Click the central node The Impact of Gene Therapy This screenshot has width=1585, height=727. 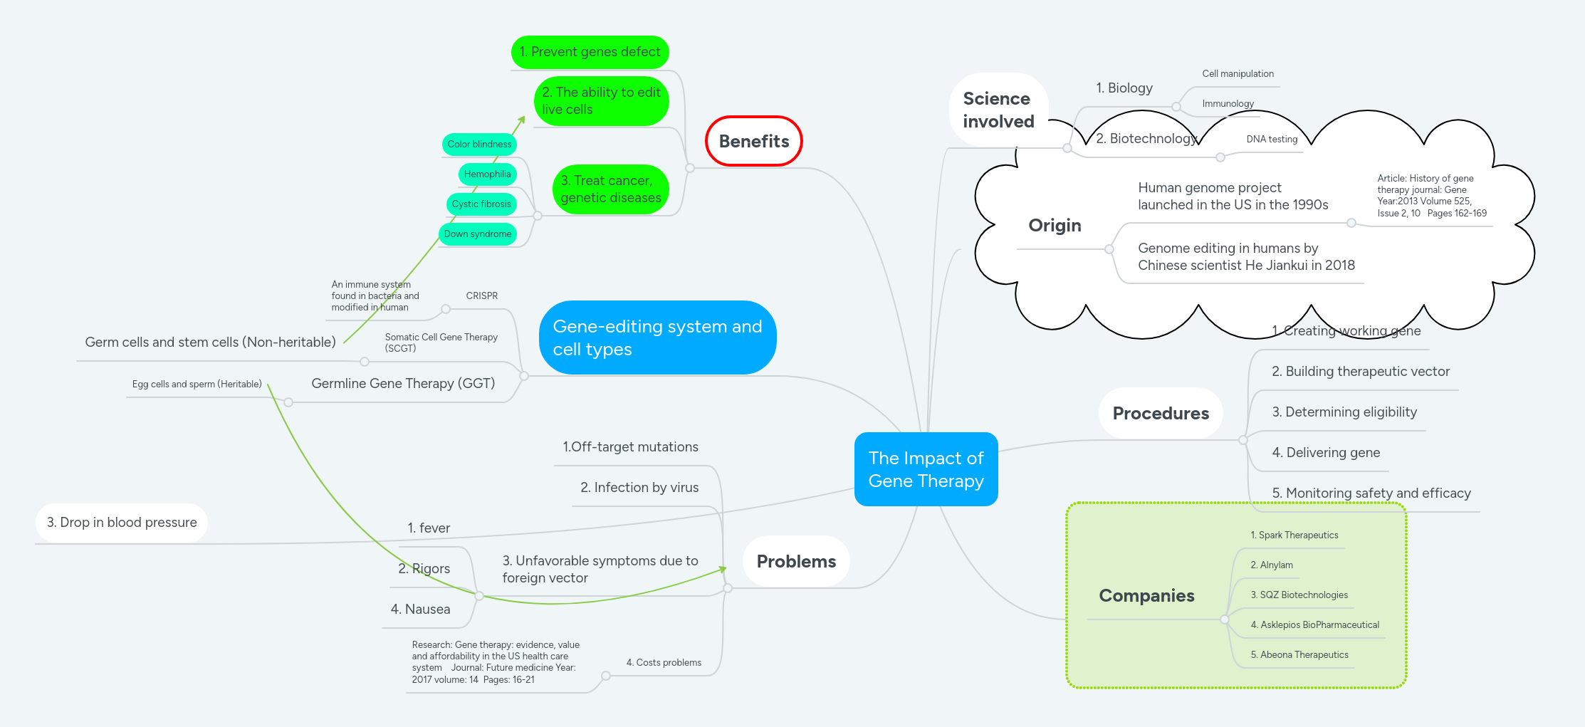point(926,469)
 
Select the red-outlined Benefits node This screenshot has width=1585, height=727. point(753,141)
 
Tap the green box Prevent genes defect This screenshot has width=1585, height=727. point(590,52)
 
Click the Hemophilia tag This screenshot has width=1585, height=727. point(487,174)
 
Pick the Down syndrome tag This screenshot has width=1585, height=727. point(477,234)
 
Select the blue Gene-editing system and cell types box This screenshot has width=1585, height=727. point(657,338)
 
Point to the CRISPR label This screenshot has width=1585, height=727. point(481,295)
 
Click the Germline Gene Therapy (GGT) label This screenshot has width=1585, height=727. point(403,383)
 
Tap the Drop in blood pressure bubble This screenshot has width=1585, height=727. point(122,522)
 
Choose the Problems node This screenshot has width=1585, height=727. point(796,561)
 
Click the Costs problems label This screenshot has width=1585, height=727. point(664,662)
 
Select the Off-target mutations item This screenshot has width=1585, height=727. point(630,446)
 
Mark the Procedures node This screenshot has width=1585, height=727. point(1161,413)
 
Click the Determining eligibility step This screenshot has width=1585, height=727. point(1344,412)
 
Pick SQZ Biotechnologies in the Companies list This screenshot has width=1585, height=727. point(1299,595)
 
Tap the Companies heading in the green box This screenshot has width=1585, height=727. point(1146,595)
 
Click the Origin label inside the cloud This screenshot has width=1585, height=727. point(1055,225)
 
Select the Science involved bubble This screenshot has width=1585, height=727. point(998,110)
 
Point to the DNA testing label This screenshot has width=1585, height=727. point(1272,139)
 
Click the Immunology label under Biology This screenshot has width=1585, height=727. point(1228,103)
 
